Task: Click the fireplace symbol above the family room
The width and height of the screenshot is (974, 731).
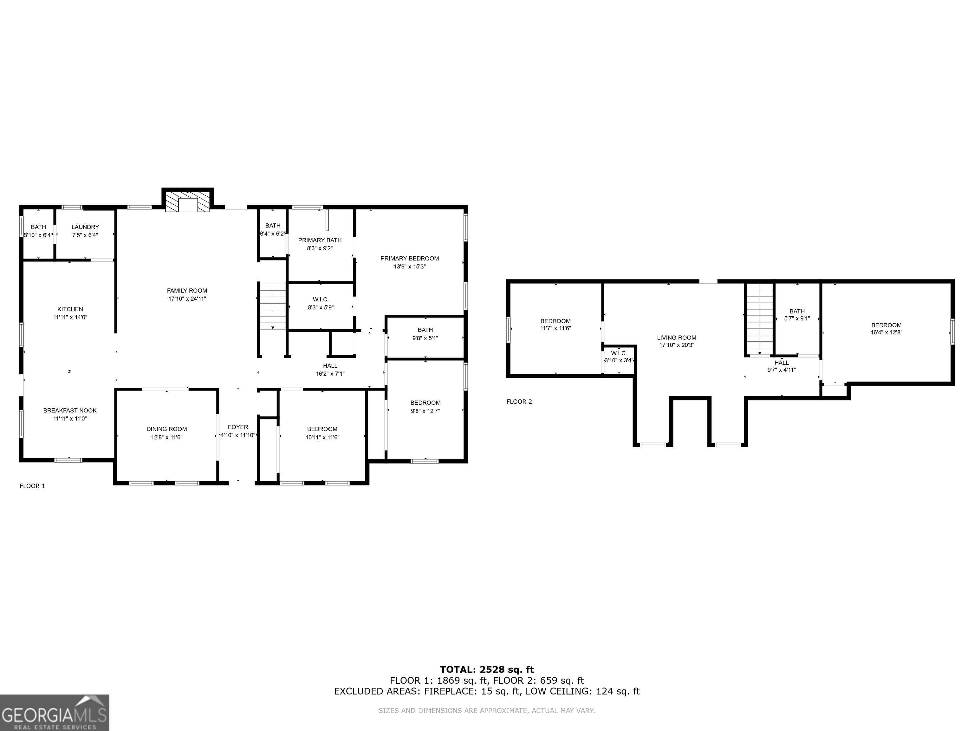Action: [x=188, y=202]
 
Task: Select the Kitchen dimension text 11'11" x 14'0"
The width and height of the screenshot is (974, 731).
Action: [x=70, y=317]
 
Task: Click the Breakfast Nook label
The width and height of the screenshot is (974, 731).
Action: [x=70, y=411]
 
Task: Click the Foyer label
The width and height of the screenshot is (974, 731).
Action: [x=238, y=427]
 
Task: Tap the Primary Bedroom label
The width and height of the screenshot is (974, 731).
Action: [x=410, y=259]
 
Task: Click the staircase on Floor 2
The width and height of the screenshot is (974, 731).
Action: [x=760, y=319]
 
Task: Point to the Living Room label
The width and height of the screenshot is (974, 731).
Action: [x=677, y=338]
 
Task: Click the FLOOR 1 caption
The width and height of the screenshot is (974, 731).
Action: [x=33, y=486]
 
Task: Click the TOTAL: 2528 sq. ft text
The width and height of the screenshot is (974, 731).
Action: [x=487, y=670]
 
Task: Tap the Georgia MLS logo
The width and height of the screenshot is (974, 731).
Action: [x=55, y=713]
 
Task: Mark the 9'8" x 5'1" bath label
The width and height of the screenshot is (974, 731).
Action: [x=425, y=330]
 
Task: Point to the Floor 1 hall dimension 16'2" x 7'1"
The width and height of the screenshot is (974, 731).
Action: [x=330, y=374]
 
